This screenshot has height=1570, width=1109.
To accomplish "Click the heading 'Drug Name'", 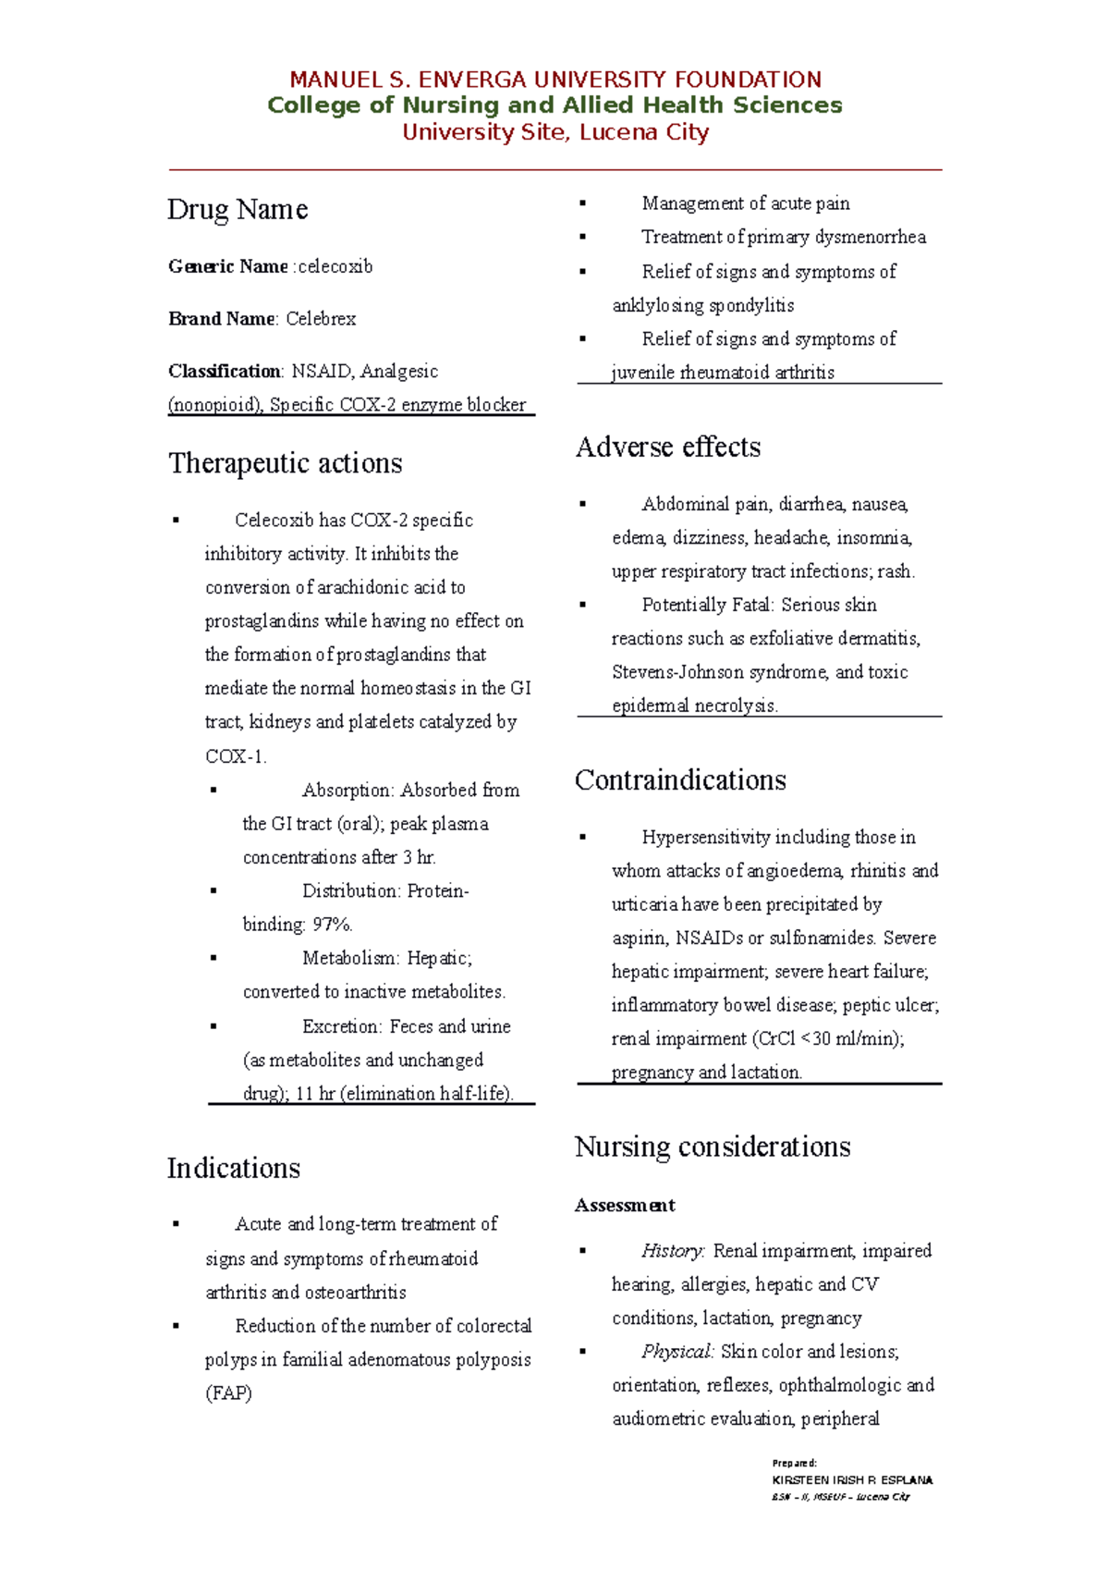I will (x=237, y=210).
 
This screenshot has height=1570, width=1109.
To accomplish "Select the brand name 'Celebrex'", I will (x=321, y=319).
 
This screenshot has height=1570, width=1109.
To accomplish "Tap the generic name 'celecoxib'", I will (x=335, y=266).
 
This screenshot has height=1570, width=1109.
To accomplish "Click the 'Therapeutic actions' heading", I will (x=285, y=463).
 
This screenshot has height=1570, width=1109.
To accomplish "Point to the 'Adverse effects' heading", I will (x=667, y=448).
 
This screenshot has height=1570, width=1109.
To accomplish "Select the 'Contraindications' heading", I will (x=679, y=780).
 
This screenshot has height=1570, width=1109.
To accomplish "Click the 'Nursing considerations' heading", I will (x=712, y=1147).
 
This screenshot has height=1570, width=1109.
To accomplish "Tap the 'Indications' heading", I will (x=233, y=1169).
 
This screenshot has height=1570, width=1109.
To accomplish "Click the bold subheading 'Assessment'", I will (x=625, y=1206).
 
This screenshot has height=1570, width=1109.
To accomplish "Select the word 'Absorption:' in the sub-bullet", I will (x=347, y=791).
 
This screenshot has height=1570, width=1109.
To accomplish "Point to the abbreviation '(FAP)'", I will (x=228, y=1393).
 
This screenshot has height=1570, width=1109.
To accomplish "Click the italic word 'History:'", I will (x=673, y=1251).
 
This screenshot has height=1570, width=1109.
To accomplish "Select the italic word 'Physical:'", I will (x=677, y=1352).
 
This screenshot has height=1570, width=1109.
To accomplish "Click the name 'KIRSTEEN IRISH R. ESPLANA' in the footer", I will (x=851, y=1479).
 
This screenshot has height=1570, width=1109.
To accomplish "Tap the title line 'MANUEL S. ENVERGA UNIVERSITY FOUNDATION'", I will (x=555, y=80).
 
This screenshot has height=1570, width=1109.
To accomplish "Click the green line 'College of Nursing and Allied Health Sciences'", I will (x=554, y=105).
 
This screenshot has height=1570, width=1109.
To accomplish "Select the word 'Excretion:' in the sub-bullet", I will (x=341, y=1026).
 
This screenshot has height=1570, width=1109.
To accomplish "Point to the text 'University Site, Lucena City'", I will (x=555, y=132).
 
